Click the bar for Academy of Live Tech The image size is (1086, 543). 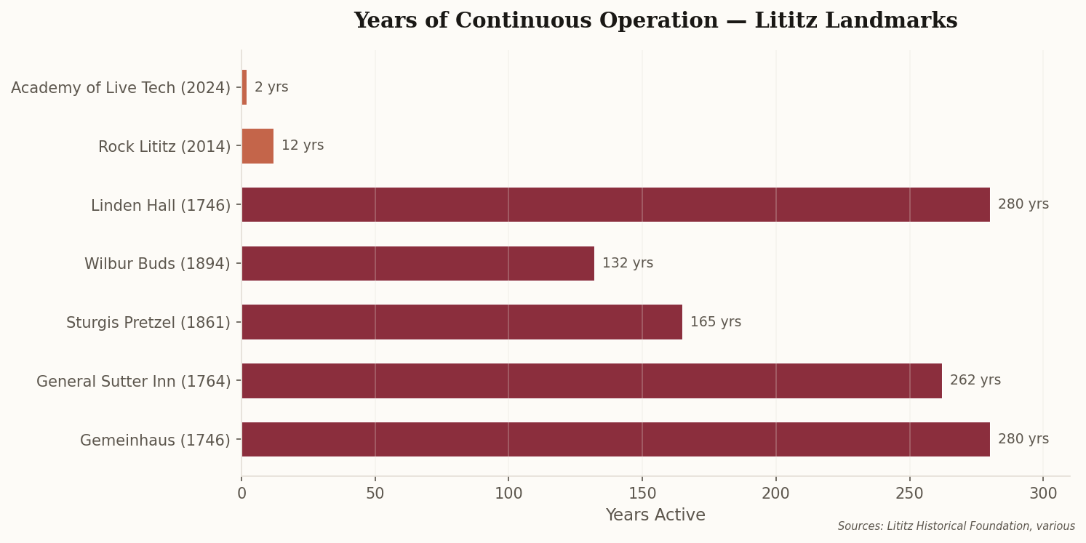click(x=244, y=87)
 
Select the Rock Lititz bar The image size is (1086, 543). click(x=257, y=146)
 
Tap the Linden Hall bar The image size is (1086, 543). click(x=615, y=205)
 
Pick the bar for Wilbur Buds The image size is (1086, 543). click(x=418, y=263)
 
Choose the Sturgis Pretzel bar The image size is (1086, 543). click(x=462, y=322)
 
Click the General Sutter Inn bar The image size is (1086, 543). click(x=591, y=381)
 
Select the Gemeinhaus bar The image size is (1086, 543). click(x=615, y=440)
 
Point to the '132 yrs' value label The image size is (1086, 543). click(x=627, y=263)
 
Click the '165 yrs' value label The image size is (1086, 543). click(x=715, y=322)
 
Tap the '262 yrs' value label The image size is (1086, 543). click(x=975, y=380)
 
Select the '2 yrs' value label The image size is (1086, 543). click(x=271, y=87)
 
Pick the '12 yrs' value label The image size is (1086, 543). click(x=303, y=145)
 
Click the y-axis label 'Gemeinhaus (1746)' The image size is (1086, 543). click(x=155, y=441)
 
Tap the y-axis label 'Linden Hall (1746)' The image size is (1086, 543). click(x=161, y=206)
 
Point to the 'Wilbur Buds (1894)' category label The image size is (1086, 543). click(x=157, y=264)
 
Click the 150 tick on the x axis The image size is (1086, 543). click(x=642, y=494)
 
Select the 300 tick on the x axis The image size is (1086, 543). click(x=1043, y=494)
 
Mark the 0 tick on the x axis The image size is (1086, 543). click(x=241, y=494)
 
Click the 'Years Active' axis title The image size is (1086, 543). click(x=655, y=515)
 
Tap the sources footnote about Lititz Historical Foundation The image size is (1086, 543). click(x=956, y=526)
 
